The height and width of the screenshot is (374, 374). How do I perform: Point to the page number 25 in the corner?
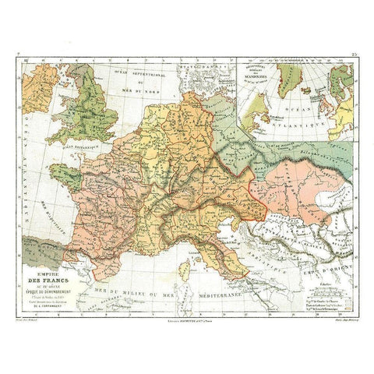pos(352,58)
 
